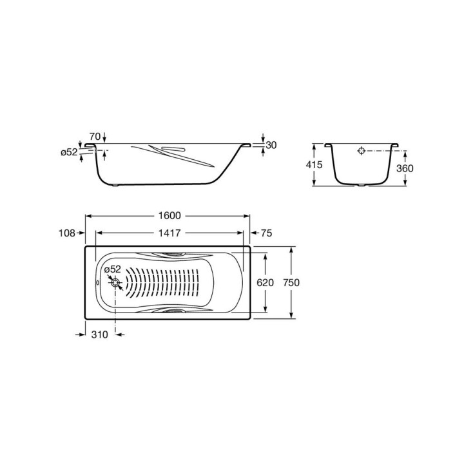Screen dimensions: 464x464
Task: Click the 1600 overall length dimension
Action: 169,215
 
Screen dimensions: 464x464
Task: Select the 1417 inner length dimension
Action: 169,233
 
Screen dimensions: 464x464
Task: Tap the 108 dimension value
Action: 67,233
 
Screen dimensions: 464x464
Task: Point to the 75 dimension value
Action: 266,233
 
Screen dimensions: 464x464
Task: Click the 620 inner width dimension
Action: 265,283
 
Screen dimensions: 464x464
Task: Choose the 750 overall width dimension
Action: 291,283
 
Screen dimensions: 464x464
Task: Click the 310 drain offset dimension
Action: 100,334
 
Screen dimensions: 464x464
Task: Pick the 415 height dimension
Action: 314,164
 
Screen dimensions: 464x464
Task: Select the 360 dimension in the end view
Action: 405,168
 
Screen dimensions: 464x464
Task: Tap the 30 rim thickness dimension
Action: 271,145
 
